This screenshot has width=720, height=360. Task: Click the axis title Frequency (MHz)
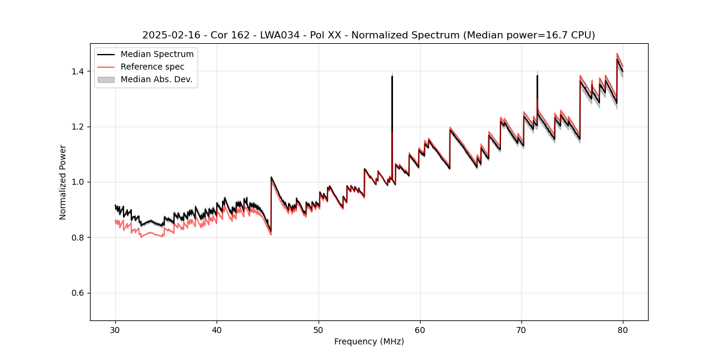(369, 341)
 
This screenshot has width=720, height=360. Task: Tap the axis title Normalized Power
(63, 182)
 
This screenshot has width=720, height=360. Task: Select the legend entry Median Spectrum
(157, 55)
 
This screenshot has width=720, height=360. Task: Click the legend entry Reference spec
(152, 67)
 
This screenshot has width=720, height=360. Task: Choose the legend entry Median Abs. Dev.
(156, 79)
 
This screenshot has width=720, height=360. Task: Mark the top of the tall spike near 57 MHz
(392, 76)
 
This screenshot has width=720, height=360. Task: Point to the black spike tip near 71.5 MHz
(537, 76)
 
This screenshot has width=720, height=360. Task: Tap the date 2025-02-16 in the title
(168, 35)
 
